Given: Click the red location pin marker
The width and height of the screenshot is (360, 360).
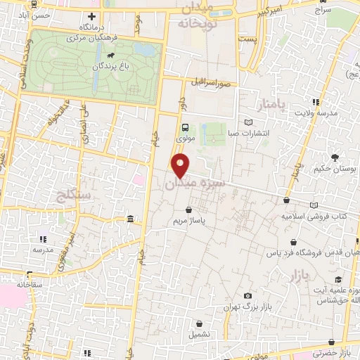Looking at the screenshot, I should coord(181,166).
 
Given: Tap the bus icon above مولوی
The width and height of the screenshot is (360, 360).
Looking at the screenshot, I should coord(184,128).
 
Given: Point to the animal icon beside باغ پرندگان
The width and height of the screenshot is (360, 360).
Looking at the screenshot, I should coord(110,55).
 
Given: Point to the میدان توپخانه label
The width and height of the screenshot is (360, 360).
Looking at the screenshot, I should coord(205,15).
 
